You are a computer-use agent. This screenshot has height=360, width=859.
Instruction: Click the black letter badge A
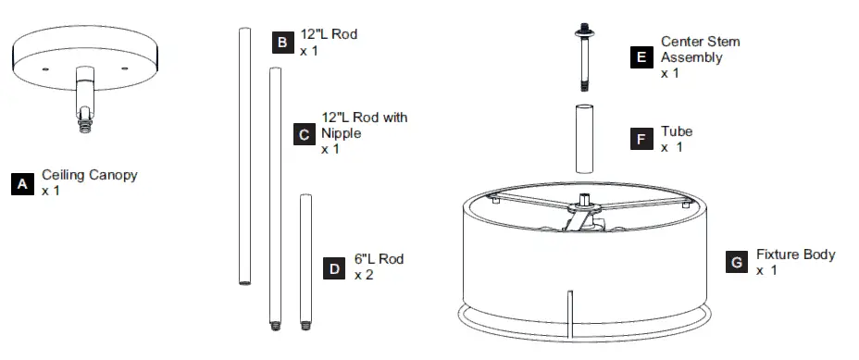click(22, 184)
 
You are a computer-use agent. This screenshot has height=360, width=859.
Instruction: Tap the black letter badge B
click(282, 43)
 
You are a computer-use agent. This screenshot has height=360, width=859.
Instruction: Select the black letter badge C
click(304, 134)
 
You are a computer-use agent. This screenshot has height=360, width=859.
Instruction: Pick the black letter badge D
click(334, 268)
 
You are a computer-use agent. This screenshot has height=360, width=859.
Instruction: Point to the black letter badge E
click(641, 57)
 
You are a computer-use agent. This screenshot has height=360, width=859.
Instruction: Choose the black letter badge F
click(641, 139)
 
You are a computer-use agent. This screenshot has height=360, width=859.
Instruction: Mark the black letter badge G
click(737, 262)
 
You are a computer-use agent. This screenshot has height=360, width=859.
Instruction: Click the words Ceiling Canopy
click(90, 176)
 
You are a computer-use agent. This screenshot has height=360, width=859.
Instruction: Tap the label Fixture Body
click(795, 254)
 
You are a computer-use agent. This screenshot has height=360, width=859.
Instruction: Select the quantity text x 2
click(364, 275)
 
